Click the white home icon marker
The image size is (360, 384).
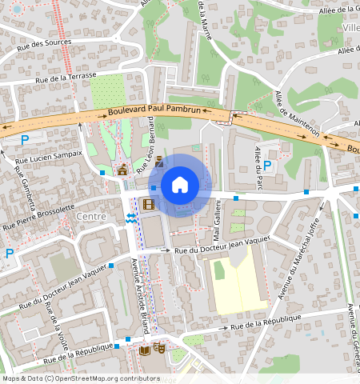[x=180, y=186]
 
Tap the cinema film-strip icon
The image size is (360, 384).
[x=148, y=204]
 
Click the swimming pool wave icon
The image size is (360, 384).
[x=130, y=219]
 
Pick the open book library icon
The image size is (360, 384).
[x=145, y=350]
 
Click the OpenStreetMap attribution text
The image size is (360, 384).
[x=80, y=378]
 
